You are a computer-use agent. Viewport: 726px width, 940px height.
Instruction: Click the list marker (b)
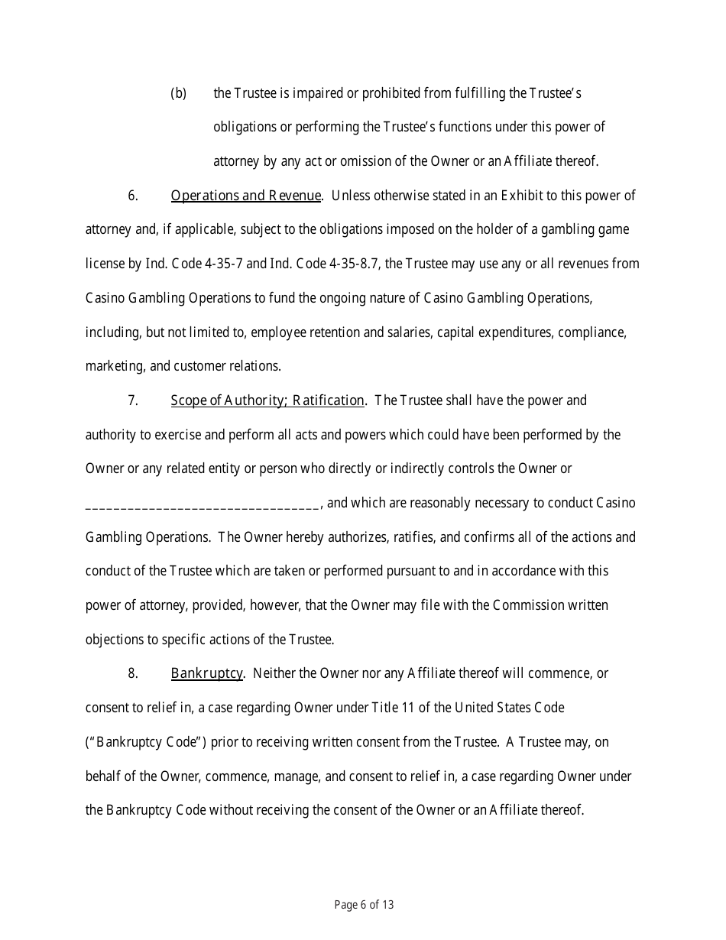178,93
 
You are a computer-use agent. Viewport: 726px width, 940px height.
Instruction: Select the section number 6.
133,196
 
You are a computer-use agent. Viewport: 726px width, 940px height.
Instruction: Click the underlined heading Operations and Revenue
245,196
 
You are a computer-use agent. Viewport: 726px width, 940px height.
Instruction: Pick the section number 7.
133,400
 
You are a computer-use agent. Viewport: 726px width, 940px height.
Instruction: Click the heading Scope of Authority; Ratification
267,400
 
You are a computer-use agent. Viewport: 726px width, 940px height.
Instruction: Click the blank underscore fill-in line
203,504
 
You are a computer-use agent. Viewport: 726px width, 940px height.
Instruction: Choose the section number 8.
133,673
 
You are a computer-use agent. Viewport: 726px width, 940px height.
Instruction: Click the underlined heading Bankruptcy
206,673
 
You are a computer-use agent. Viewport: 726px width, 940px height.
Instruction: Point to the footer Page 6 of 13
364,906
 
